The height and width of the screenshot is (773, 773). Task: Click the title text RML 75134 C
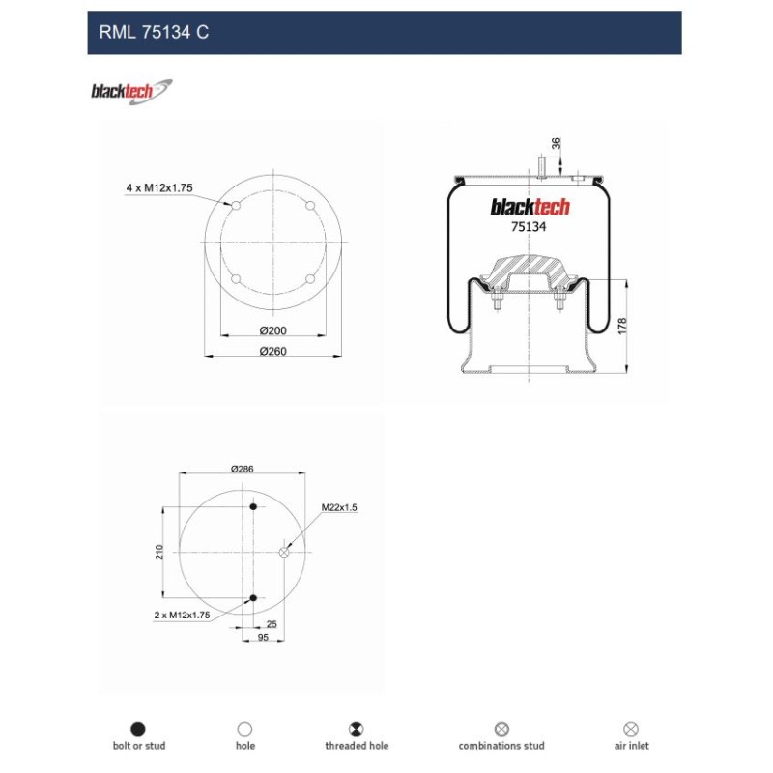tap(154, 33)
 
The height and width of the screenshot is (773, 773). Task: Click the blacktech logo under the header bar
tap(131, 92)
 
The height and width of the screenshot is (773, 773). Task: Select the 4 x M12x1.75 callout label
tap(159, 187)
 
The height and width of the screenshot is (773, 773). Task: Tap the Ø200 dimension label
tap(273, 330)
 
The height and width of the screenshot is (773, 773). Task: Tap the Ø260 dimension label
tap(273, 351)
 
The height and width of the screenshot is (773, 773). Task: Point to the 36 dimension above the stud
tap(557, 143)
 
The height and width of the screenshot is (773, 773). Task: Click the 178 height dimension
tap(622, 327)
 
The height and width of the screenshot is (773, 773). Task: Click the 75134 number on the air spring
tap(529, 227)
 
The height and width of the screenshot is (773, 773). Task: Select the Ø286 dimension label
tap(243, 469)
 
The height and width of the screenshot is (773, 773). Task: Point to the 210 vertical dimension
tap(159, 552)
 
